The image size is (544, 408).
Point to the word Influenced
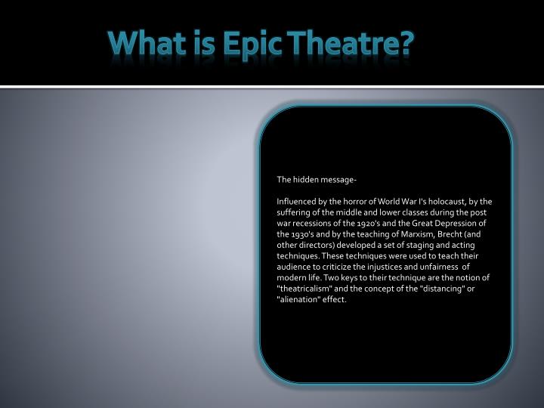coord(298,202)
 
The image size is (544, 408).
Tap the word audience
coord(295,267)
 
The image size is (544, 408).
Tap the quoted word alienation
coord(301,300)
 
